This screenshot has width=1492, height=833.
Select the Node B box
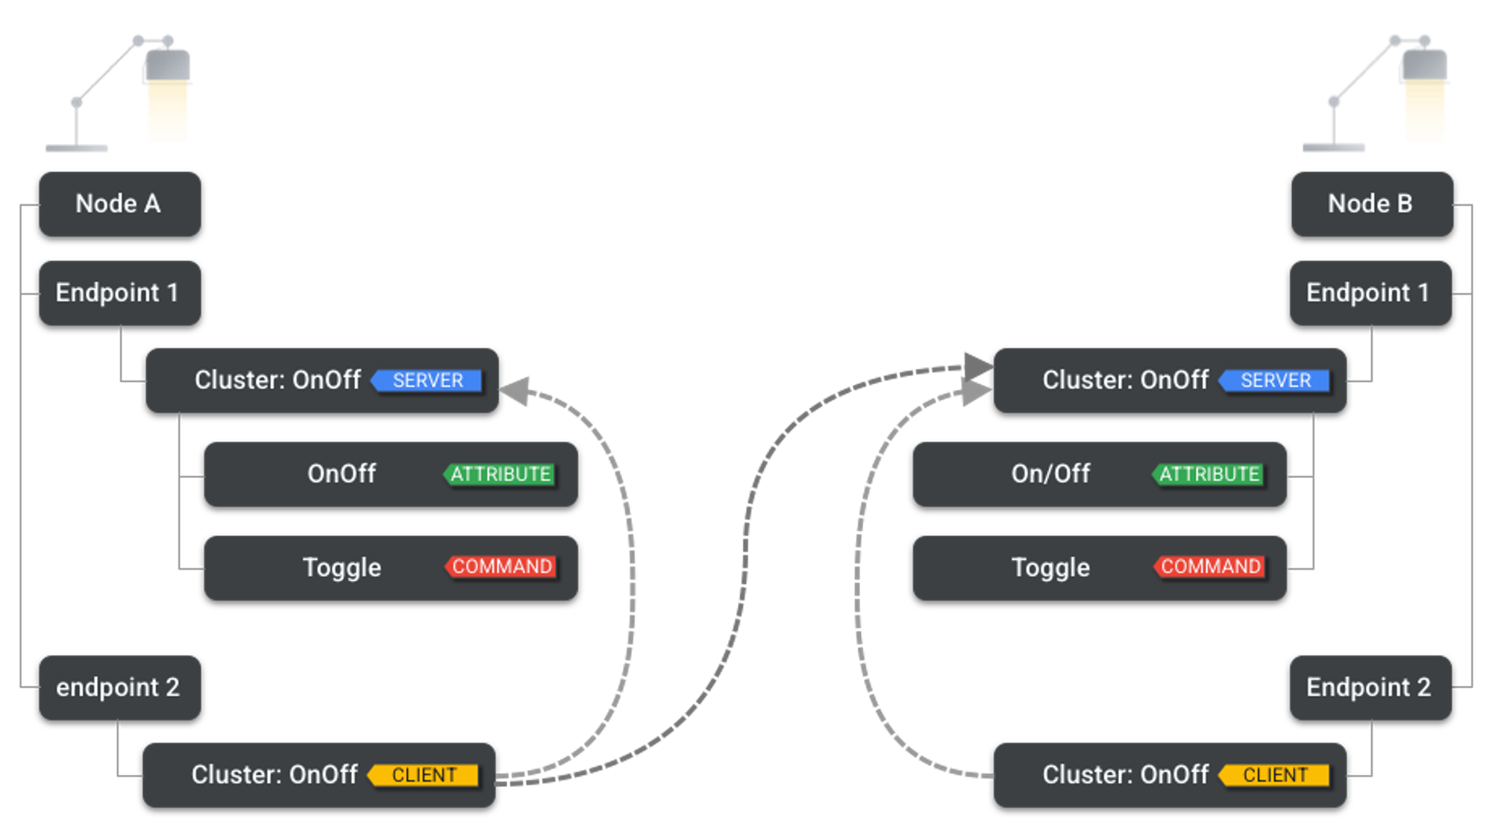[x=1371, y=204]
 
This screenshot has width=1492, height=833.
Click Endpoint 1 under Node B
[x=1370, y=292]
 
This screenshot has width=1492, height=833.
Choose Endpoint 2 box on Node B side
[x=1370, y=687]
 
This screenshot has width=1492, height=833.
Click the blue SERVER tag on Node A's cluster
[x=427, y=380]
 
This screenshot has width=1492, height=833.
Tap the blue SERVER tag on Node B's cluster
[x=1275, y=380]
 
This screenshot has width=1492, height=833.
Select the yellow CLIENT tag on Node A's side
[x=424, y=775]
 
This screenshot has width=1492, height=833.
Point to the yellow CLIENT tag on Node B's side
[x=1275, y=775]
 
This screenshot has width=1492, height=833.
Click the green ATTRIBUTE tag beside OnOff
[x=500, y=474]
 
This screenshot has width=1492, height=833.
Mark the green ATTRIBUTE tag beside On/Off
[x=1209, y=474]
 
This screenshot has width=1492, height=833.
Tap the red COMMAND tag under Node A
[x=501, y=567]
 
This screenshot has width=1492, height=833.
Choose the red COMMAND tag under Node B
[x=1210, y=567]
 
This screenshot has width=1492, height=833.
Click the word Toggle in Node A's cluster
[x=342, y=568]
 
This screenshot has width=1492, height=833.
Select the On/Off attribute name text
[x=1050, y=474]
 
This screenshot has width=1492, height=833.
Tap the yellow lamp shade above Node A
[x=168, y=112]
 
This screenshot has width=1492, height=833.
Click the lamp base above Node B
[x=1334, y=148]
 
